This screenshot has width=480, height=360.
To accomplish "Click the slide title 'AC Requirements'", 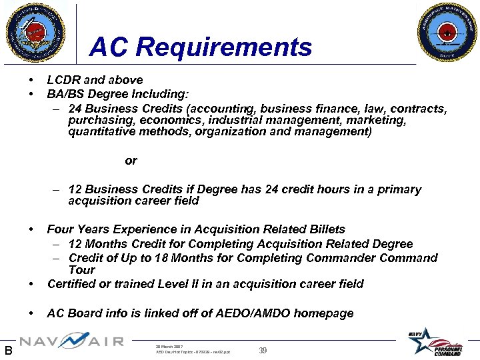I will [x=201, y=47].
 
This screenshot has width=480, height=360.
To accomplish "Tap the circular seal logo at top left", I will [x=36, y=31].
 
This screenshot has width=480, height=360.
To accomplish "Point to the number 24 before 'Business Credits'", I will [x=75, y=108].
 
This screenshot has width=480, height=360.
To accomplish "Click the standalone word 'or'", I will [x=131, y=161].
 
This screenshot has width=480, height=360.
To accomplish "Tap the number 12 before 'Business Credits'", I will [x=75, y=189].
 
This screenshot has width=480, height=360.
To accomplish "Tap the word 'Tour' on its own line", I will [x=81, y=270].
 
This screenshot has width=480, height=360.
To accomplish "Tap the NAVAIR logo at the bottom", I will [x=71, y=342].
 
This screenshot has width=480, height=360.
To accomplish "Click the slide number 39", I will [x=263, y=350].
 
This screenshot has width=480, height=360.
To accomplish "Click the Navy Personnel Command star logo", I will [x=436, y=342].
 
